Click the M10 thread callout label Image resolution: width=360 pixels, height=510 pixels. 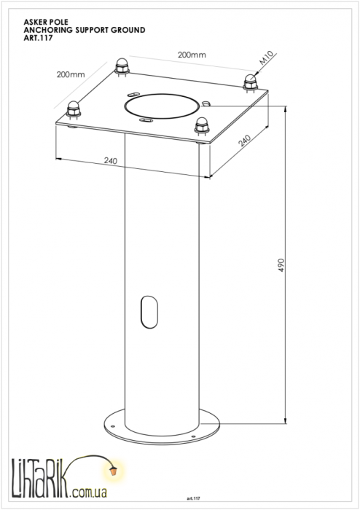click(x=267, y=58)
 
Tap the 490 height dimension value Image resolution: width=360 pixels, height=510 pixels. click(x=281, y=265)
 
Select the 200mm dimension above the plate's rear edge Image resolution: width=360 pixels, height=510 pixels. click(x=192, y=55)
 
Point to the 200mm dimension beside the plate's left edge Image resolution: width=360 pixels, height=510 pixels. click(x=71, y=74)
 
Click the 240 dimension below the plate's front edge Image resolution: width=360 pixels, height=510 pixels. click(x=111, y=160)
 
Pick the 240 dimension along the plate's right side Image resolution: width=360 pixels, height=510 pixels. click(x=245, y=141)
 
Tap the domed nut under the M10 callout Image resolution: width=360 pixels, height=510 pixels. click(x=251, y=82)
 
